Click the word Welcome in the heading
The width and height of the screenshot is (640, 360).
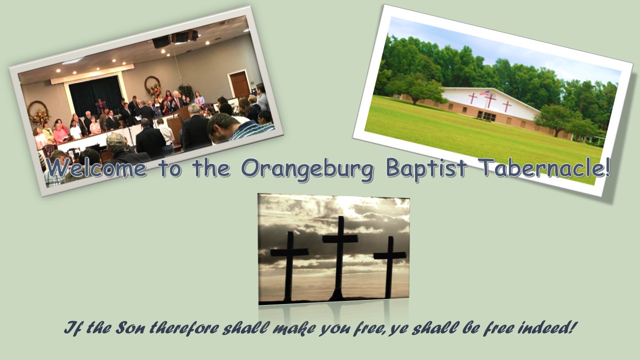96,167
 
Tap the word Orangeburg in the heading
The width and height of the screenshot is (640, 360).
307,169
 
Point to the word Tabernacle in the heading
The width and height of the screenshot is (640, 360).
544,167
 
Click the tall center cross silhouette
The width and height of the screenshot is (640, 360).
340,257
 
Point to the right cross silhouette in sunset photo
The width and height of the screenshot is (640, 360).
389,267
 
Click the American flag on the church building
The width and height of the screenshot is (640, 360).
484,93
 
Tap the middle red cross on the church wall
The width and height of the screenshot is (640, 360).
490,101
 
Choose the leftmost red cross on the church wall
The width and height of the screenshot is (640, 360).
473,98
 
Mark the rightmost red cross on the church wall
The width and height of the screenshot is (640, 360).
507,106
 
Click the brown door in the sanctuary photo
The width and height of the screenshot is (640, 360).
239,84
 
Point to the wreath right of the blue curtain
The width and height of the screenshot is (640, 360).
153,85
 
